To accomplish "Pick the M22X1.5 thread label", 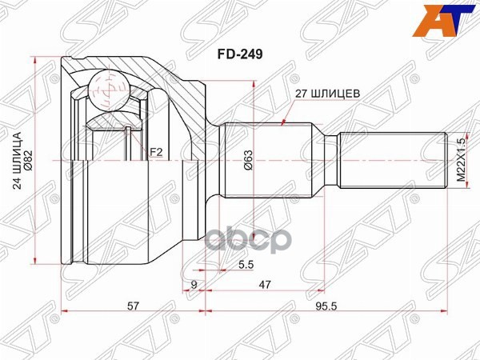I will point(460,159).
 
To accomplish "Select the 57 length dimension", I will point(134,306).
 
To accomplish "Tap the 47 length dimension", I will point(264,283).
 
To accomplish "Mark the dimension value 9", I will point(194,283).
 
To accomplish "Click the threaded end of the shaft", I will point(392,159).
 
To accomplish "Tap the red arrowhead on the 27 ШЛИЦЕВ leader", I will point(286,122).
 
